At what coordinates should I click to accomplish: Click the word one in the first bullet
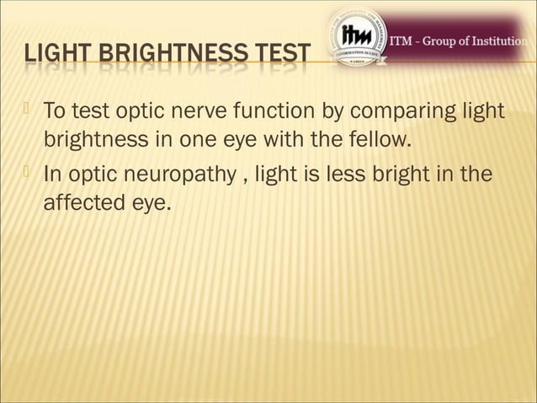(x=199, y=138)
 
